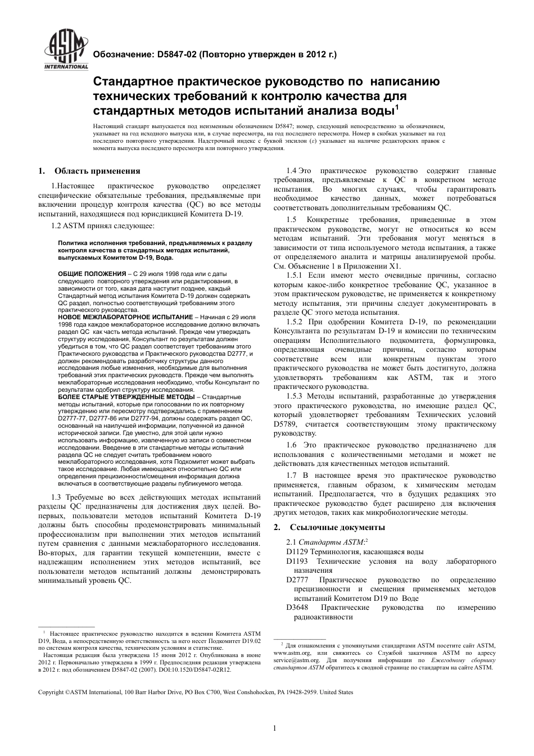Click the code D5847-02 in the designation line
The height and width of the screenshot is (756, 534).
[x=177, y=55]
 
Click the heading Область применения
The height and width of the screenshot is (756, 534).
[x=97, y=171]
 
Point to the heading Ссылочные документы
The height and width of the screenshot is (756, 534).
[x=337, y=527]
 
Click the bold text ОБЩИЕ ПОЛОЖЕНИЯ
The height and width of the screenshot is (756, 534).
[x=92, y=273]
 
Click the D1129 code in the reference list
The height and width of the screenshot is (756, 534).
[x=297, y=552]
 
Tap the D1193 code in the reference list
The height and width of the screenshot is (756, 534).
[x=297, y=562]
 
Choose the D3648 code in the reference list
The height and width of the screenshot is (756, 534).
[x=297, y=607]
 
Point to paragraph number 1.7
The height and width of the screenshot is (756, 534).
[x=292, y=475]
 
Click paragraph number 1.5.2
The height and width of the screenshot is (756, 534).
[x=295, y=322]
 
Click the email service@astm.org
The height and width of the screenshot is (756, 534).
[x=296, y=660]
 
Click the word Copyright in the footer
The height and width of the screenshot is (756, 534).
[x=51, y=692]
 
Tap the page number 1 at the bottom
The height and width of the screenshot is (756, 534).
[x=274, y=728]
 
